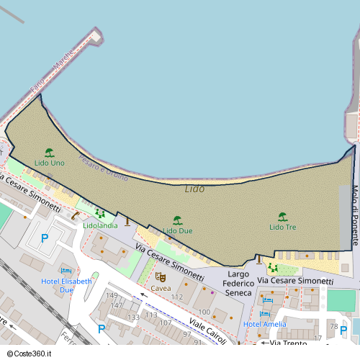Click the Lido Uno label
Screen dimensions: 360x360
(x=49, y=163)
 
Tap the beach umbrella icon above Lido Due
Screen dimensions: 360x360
(x=177, y=220)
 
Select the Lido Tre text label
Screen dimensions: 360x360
(x=282, y=227)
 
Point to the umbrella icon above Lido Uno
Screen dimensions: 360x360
(x=49, y=153)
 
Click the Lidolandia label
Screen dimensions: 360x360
(x=100, y=225)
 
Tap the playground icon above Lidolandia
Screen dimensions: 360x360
(x=100, y=215)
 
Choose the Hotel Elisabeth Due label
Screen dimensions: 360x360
(x=67, y=285)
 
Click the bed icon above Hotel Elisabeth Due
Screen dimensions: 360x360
(x=67, y=270)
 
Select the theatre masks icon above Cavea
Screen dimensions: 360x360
(x=161, y=276)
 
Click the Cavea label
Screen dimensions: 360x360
(x=161, y=288)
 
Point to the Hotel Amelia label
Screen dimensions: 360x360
(x=265, y=324)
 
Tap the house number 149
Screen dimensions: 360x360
(x=112, y=295)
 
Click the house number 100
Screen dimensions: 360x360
(x=204, y=312)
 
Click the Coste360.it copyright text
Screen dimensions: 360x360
(x=31, y=354)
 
